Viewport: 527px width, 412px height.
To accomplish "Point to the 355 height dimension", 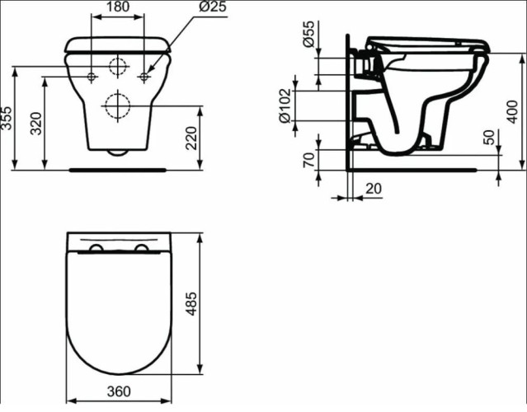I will [7, 119].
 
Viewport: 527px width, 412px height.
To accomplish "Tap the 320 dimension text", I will [35, 124].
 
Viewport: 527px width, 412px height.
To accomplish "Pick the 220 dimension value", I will [191, 137].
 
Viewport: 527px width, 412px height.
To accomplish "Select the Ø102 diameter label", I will [286, 107].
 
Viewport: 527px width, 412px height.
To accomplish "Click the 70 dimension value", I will [308, 158].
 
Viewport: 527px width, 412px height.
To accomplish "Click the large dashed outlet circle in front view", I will [118, 105].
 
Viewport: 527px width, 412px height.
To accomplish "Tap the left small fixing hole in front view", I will [91, 77].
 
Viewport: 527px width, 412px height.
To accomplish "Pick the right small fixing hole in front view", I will [144, 77].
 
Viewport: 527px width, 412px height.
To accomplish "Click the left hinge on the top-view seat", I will [96, 248].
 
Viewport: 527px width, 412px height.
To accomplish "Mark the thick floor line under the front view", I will [118, 170].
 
